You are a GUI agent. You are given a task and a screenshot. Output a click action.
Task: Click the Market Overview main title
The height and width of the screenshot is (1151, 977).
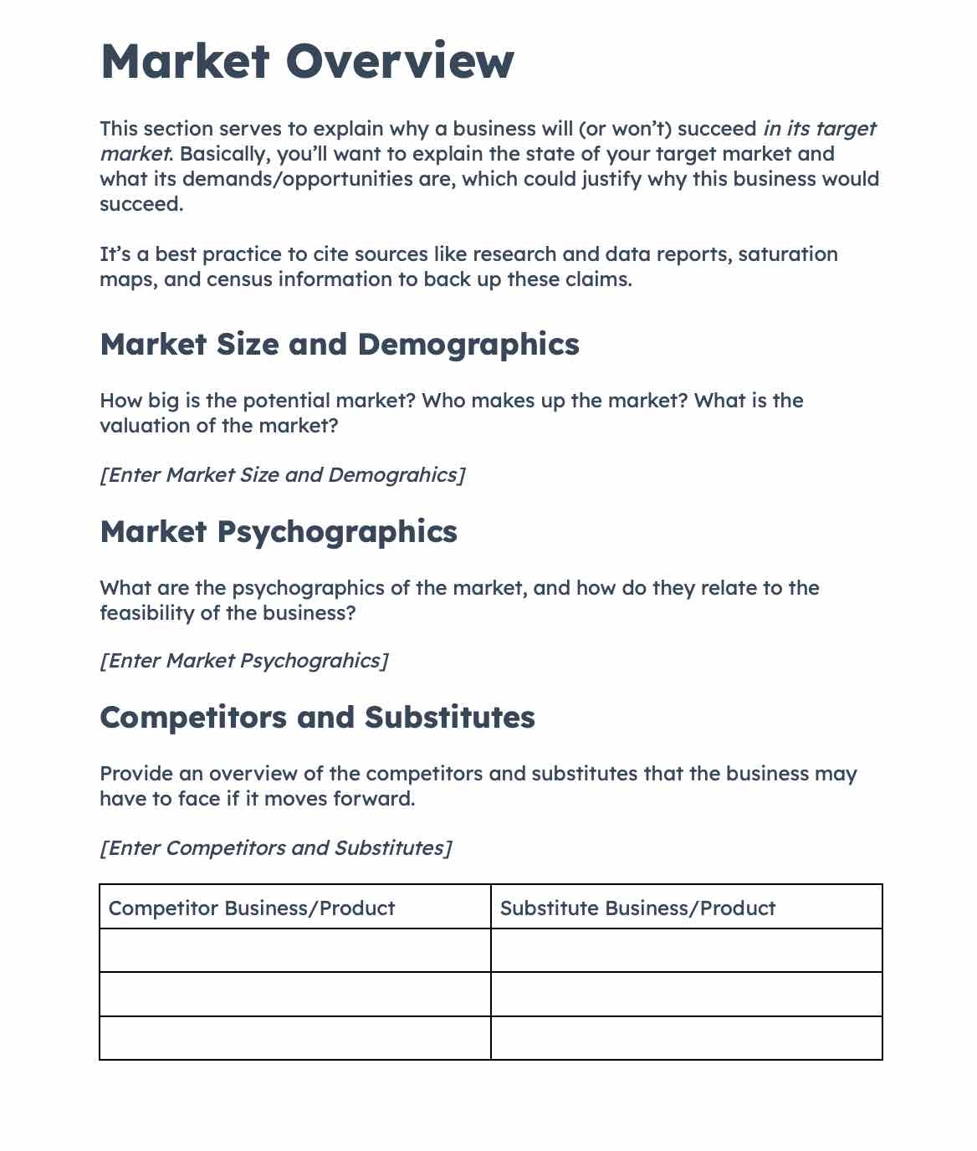[x=307, y=61]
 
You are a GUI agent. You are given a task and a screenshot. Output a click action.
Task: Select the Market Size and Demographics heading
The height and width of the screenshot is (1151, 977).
[x=339, y=345]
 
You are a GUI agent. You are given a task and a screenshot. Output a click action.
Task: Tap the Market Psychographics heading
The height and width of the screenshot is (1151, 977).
[x=278, y=532]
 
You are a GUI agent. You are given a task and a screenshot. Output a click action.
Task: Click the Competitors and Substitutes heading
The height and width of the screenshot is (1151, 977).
[x=317, y=718]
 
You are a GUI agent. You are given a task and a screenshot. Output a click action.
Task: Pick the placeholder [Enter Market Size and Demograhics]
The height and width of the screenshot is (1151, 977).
[x=282, y=475]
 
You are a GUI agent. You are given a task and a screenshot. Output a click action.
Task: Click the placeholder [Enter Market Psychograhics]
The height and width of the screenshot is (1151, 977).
[x=243, y=661]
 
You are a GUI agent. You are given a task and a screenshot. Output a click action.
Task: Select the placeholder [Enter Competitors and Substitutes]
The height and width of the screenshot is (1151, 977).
[x=275, y=848]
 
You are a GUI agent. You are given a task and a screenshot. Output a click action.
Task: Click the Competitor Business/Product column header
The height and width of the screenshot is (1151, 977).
[x=252, y=908]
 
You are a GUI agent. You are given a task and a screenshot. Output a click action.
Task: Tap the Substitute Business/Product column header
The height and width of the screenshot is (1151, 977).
[x=637, y=908]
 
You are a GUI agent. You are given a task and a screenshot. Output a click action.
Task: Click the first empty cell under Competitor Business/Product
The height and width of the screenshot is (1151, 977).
[x=294, y=951]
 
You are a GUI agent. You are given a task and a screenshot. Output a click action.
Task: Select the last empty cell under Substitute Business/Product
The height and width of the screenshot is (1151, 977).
[x=686, y=1038]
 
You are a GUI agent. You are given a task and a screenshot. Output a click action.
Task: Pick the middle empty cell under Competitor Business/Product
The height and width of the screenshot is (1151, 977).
[x=294, y=995]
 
